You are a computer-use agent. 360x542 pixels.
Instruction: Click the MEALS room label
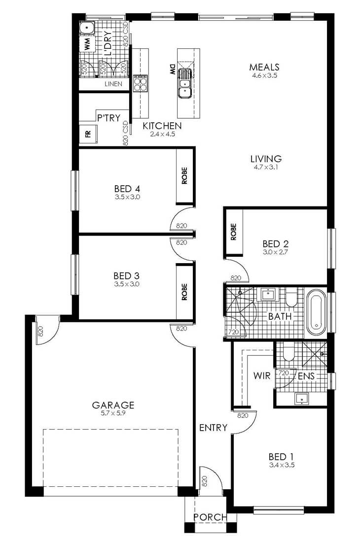pyautogui.click(x=264, y=67)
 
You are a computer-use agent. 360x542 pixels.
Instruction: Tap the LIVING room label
pyautogui.click(x=266, y=159)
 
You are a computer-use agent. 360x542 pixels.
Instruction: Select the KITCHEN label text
pyautogui.click(x=162, y=126)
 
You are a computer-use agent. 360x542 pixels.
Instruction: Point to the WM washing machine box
pyautogui.click(x=87, y=44)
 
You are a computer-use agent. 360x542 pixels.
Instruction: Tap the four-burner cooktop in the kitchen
pyautogui.click(x=140, y=83)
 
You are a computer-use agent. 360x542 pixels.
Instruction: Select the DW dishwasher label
pyautogui.click(x=172, y=69)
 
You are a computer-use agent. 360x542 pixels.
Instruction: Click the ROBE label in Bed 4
pyautogui.click(x=184, y=175)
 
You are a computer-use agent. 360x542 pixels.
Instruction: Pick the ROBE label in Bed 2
pyautogui.click(x=234, y=232)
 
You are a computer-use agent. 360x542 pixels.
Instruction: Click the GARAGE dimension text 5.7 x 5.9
pyautogui.click(x=113, y=413)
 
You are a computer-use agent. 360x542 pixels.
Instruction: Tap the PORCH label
pyautogui.click(x=211, y=517)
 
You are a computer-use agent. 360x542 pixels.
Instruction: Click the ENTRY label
pyautogui.click(x=214, y=428)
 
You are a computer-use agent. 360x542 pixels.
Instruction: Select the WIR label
pyautogui.click(x=262, y=375)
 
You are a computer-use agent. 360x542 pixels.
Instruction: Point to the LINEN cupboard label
pyautogui.click(x=113, y=84)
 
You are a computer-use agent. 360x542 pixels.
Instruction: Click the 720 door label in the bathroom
pyautogui.click(x=234, y=332)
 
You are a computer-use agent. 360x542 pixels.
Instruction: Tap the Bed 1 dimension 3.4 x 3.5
pyautogui.click(x=282, y=465)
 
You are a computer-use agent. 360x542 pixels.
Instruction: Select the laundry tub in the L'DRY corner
pyautogui.click(x=87, y=28)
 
